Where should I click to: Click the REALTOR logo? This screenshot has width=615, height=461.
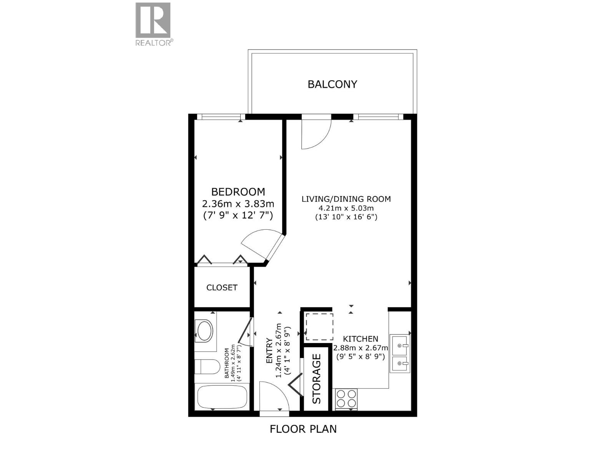153,24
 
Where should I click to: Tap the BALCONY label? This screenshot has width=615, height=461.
332,84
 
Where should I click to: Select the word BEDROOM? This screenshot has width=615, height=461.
238,192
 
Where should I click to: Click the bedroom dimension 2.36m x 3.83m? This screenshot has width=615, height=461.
238,203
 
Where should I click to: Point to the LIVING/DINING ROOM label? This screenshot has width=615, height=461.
346,199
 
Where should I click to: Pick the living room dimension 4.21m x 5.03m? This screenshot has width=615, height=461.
346,208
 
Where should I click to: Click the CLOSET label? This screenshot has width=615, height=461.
222,287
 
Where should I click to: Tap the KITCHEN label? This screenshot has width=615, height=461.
361,339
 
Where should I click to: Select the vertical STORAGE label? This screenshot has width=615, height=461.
316,379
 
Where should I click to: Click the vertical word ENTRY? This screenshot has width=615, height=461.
269,351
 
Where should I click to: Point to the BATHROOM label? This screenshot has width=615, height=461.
227,363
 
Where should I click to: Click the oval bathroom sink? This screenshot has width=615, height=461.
204,331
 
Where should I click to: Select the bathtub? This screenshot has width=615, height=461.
222,398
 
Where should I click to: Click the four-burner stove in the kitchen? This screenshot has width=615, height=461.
346,398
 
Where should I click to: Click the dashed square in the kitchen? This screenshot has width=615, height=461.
319,327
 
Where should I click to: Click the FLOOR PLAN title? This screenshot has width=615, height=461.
303,429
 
